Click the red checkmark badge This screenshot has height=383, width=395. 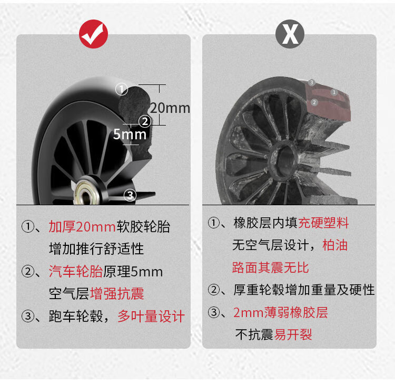point(93,34)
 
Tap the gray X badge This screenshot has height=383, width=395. point(290,34)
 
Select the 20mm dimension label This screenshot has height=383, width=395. point(170,108)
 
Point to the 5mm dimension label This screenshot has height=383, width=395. point(130,134)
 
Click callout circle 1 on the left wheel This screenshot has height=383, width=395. point(122,89)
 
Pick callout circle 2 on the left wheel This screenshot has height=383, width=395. point(145,122)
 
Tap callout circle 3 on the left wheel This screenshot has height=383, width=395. point(130,195)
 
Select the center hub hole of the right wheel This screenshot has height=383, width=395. point(285,159)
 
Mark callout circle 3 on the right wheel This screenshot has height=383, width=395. point(312,82)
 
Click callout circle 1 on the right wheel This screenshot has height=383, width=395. point(334,92)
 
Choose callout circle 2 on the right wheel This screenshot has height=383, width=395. point(314,102)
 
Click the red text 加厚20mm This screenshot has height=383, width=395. point(82,226)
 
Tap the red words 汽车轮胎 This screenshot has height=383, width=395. point(75,272)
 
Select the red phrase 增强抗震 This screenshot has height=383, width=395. point(117,293)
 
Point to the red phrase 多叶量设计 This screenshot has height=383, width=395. point(151,316)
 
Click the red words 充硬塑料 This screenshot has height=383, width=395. point(323,223)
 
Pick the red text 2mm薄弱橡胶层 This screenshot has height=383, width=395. point(280,312)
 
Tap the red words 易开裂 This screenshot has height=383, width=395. point(293,334)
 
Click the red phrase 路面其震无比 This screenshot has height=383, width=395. point(270,267)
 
